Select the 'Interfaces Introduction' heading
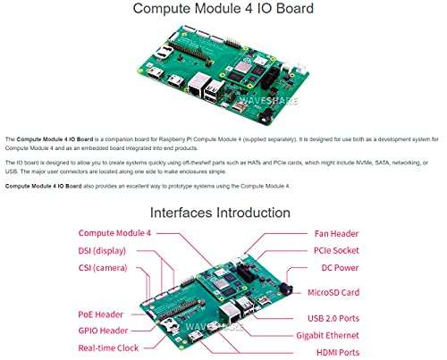tap(220, 213)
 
